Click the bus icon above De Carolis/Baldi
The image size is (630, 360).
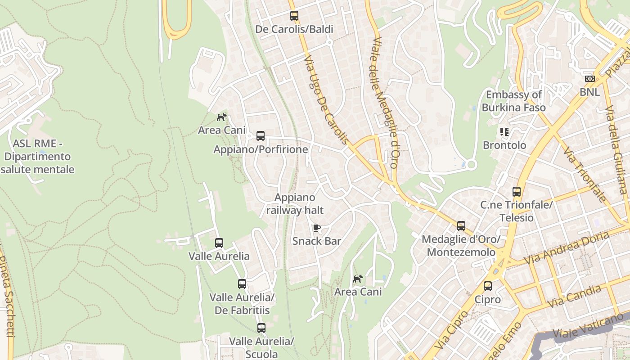(294, 16)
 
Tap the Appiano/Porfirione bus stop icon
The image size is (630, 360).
(261, 136)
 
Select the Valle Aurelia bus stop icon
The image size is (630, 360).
(219, 243)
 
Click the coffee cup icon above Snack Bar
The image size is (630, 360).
(317, 228)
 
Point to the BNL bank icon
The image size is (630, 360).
(589, 79)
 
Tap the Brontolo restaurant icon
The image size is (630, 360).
(504, 132)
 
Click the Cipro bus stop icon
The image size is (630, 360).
(488, 286)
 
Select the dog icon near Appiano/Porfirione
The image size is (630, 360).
(221, 117)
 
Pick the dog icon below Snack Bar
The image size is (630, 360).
(358, 279)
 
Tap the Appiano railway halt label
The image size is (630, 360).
(295, 204)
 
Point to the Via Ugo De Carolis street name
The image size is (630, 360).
(326, 100)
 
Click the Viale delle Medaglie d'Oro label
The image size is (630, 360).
(385, 103)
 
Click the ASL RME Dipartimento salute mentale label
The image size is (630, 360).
(38, 157)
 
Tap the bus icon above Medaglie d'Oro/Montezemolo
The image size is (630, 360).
(461, 226)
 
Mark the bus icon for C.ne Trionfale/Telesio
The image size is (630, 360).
(517, 192)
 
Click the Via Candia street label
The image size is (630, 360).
(576, 296)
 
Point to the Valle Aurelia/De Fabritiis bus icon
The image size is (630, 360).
(242, 284)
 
